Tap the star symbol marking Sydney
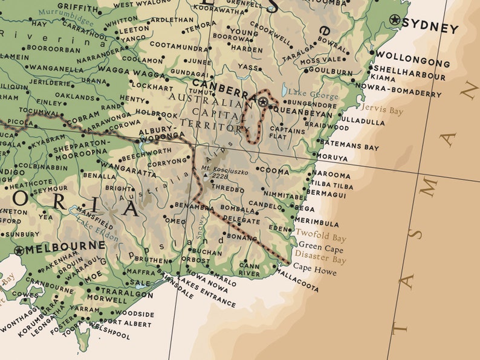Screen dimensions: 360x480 point(395,20)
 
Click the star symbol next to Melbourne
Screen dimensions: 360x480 point(19,250)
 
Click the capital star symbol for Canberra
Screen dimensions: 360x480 point(263,102)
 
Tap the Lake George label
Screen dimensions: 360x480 point(305,92)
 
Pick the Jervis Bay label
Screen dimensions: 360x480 point(381,110)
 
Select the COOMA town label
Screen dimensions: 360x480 point(274,171)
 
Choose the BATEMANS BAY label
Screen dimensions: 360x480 point(349,146)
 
